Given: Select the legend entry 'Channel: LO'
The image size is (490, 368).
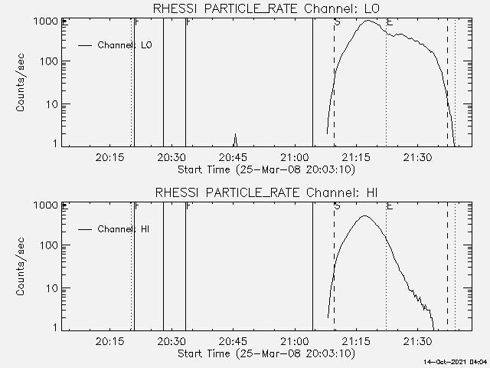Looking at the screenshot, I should tap(125, 45).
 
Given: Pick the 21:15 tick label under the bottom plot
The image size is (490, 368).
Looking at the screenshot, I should tap(356, 341).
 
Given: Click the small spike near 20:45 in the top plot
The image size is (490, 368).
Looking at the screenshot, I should tap(235, 136).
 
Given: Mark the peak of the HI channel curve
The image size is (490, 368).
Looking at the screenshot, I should tap(365, 216).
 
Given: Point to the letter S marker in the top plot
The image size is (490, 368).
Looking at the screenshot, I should tap(337, 23).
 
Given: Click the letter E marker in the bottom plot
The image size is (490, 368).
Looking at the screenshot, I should tap(390, 207).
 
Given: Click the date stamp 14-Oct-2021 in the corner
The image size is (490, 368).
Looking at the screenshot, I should tap(456, 361).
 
